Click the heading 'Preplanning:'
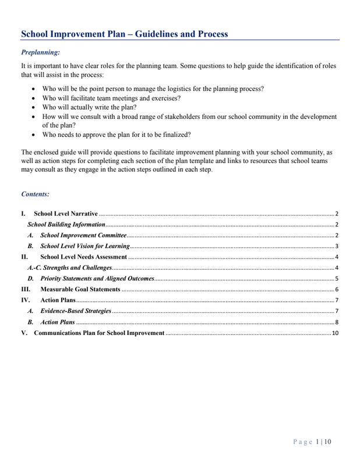(40, 52)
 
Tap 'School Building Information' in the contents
(66, 225)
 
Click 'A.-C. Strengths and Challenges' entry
(70, 267)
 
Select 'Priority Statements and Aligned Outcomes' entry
(97, 278)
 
